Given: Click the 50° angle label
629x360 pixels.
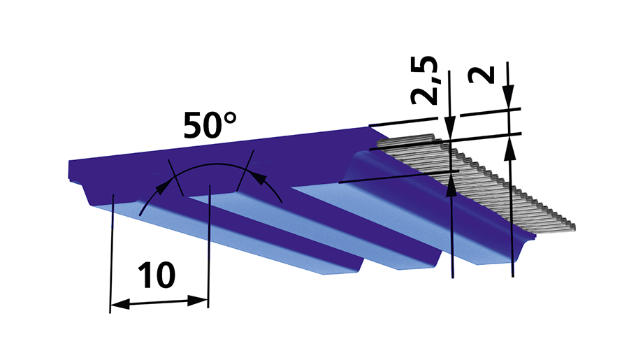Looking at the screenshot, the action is (210, 125).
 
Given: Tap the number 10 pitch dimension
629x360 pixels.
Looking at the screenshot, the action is (157, 275).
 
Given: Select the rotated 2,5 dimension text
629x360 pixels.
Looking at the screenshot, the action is (424, 80).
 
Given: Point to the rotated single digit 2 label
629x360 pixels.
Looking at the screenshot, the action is (482, 75).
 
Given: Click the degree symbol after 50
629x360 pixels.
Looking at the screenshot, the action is (230, 118).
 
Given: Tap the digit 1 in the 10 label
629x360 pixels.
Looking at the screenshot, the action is (145, 275).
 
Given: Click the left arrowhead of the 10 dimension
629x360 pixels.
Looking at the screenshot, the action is (120, 305).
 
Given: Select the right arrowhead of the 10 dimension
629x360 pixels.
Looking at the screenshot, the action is (198, 301).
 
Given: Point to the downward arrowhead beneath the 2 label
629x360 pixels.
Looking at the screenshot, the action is (509, 96).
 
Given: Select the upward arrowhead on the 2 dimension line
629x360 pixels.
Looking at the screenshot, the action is (510, 148).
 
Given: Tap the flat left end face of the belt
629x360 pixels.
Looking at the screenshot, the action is (69, 170).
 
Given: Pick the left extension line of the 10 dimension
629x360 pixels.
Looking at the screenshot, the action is (112, 254).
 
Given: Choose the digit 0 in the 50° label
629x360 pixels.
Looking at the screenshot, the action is (212, 126).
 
